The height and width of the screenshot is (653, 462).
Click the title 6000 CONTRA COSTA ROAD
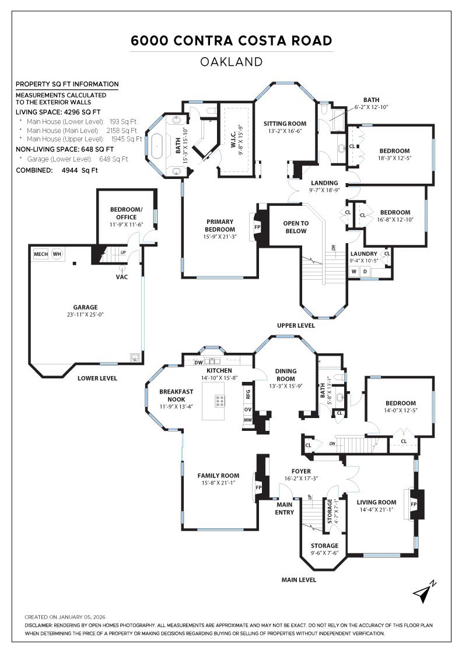231,41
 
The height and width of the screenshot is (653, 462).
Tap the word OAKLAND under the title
231,61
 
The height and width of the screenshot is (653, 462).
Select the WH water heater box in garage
57,254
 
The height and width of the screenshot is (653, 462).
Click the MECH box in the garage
41,254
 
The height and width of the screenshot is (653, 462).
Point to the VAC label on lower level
122,276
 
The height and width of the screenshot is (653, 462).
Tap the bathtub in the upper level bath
158,143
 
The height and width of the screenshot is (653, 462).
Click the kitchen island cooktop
220,401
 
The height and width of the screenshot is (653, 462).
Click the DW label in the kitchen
198,363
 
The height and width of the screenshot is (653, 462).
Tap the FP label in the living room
414,503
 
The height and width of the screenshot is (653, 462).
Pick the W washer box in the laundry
354,272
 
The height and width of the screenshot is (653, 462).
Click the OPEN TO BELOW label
296,227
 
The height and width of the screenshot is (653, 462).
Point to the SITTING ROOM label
285,124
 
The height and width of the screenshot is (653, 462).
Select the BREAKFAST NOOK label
164,395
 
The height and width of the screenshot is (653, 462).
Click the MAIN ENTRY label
285,508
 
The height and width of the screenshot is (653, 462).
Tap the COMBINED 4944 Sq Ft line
57,170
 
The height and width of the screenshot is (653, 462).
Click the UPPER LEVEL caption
296,325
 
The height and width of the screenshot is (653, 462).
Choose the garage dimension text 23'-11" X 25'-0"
85,315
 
